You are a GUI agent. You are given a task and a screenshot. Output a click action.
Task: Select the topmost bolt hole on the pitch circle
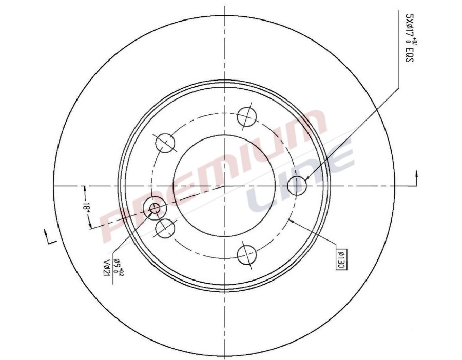point(247,116)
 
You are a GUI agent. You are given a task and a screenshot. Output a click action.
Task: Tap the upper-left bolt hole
point(165,142)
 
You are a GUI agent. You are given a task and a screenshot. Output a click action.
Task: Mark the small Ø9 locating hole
point(155,208)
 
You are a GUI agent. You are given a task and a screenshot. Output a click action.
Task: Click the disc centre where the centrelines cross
point(224,185)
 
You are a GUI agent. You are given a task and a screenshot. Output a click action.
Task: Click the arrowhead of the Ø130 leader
point(292,221)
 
